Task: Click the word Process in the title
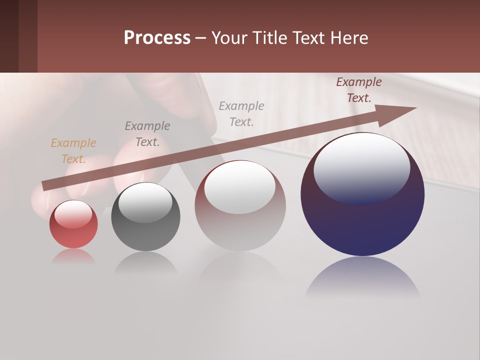click(157, 38)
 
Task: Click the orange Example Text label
click(73, 151)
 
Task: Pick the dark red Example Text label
click(359, 90)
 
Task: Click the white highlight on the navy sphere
click(362, 167)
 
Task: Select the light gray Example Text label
click(241, 113)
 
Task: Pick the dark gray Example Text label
click(147, 134)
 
